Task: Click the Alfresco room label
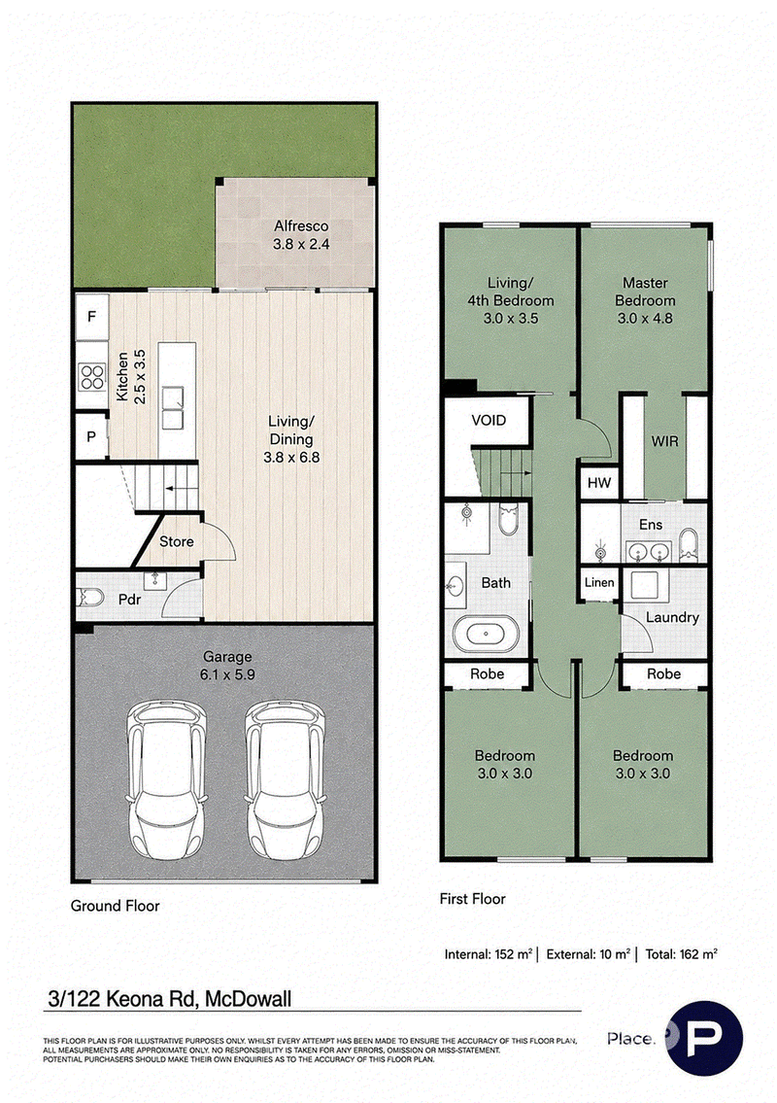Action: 301,225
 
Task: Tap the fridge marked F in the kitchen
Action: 91,317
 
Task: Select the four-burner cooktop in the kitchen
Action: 91,376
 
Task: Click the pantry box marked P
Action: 90,437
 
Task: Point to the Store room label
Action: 176,541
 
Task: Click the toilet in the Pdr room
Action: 91,598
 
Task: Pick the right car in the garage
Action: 286,779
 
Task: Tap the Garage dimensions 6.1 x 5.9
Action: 227,674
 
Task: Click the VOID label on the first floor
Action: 489,421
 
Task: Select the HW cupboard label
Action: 599,483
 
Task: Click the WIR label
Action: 664,441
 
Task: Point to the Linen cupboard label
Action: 599,582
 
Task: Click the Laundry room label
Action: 672,618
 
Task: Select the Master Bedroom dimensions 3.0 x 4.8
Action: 645,318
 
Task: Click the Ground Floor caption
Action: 115,906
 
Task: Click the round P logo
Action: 704,1038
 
